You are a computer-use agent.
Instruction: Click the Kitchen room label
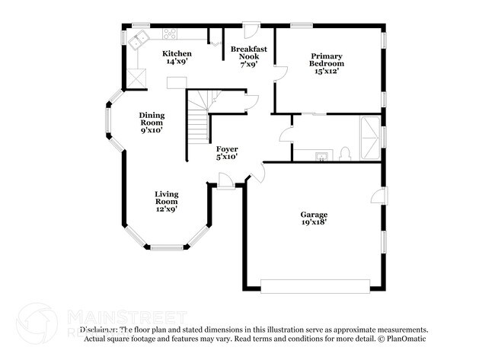pos(177,57)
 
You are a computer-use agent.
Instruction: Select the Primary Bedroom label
pos(326,63)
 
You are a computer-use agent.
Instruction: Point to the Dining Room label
pos(152,123)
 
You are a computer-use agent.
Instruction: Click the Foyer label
pos(227,152)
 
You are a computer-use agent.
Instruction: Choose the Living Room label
pos(167,201)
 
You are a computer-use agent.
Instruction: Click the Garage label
pos(314,218)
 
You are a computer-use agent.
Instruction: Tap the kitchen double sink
pos(139,41)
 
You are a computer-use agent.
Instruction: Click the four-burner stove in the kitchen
pos(170,33)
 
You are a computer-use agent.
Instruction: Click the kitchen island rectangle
pos(177,81)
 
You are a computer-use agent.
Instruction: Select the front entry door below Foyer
pos(226,180)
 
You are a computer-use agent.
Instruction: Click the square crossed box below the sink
pos(137,77)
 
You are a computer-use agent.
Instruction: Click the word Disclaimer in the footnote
pos(98,330)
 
